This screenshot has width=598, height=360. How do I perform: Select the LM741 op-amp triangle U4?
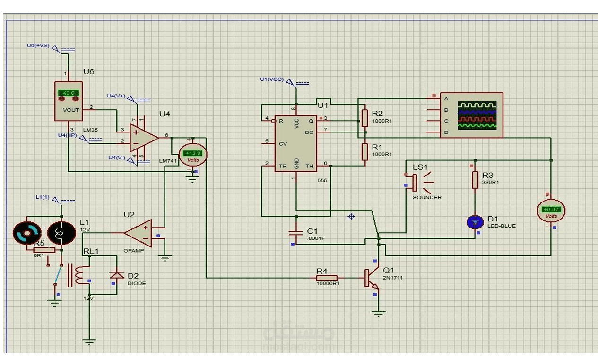(x=144, y=138)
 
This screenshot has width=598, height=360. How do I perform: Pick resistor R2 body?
(x=364, y=117)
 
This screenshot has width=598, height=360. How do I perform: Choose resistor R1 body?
(x=364, y=152)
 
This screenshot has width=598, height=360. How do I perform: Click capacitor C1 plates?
(x=296, y=232)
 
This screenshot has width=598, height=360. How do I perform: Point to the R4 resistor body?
(x=326, y=278)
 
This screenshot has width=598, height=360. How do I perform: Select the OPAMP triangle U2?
(x=139, y=233)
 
